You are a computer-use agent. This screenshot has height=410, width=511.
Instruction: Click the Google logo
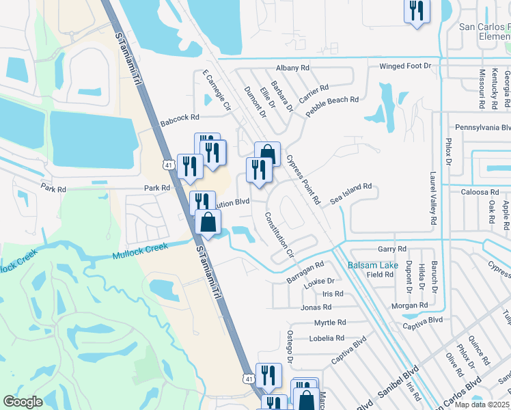tap(23, 402)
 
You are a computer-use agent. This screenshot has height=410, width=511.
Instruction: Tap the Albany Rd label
tap(292, 68)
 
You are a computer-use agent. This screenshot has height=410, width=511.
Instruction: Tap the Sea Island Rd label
tap(350, 193)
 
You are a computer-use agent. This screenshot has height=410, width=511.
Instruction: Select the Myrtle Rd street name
tap(330, 323)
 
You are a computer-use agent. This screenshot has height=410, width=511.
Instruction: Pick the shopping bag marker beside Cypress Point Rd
tap(268, 154)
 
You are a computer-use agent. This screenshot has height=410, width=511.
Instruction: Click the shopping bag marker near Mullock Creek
tap(208, 222)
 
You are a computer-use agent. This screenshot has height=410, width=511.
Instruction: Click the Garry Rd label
tap(392, 249)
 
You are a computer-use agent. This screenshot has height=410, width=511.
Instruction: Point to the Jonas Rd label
tap(316, 308)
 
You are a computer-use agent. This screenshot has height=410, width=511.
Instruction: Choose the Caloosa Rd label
tap(475, 193)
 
